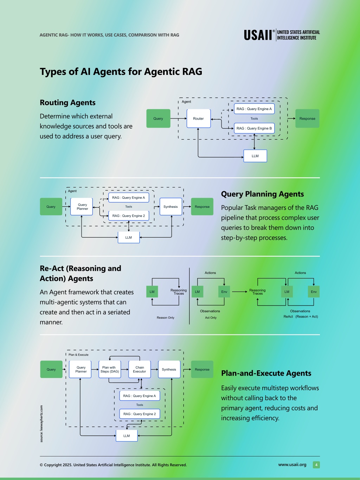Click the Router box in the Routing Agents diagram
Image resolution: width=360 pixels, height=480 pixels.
coord(199,119)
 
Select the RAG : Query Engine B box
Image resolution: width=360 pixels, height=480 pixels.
coord(254,128)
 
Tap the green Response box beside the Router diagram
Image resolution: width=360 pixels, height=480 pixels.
coord(307,119)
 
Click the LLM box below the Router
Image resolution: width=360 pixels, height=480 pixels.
coord(255,156)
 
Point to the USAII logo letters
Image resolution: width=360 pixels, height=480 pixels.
coord(258,35)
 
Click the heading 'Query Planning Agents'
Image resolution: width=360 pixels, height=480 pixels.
coord(262,194)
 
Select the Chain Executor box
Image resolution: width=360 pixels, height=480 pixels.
coord(140,369)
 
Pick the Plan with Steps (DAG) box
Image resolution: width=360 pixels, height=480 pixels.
coord(110,369)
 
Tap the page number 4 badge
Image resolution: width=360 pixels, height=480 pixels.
coord(316,465)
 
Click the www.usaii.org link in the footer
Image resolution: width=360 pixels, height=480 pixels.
coord(292,465)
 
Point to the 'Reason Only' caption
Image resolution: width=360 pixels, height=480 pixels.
coord(166,318)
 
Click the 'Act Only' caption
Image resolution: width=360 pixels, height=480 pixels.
coord(211,318)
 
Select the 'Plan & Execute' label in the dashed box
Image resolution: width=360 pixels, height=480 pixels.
coord(78,355)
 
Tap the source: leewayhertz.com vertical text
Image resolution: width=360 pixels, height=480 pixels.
coord(41,424)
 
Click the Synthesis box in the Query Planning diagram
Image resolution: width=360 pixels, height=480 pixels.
coord(171,207)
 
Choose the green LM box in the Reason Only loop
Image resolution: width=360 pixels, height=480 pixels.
coord(152,292)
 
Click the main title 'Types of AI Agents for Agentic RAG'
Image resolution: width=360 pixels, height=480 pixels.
coord(121,71)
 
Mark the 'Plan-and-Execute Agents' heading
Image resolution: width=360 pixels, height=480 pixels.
coord(266,373)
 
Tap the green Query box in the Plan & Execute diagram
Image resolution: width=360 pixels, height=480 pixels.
coord(51,369)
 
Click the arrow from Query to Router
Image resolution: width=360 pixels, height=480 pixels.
coord(179,119)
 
